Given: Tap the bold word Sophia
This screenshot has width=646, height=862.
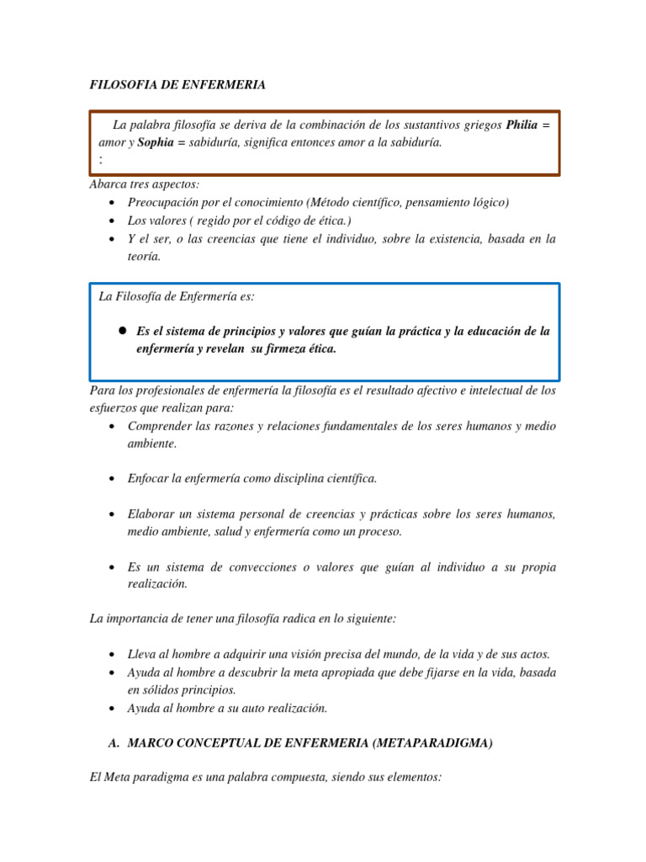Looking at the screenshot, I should pos(156,142).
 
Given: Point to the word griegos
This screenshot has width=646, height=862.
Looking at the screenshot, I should pos(481,125).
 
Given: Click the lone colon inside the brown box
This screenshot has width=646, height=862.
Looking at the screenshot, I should pos(101,158).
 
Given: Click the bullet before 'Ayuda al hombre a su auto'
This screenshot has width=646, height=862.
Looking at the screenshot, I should pos(112,708).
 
